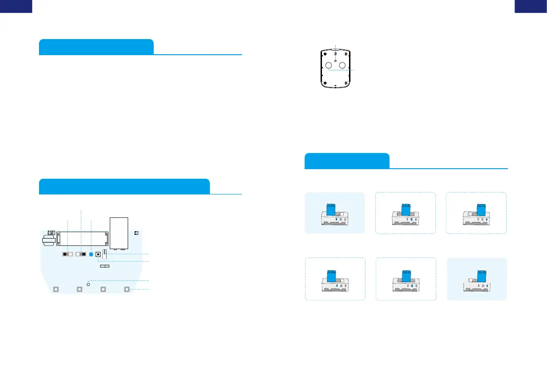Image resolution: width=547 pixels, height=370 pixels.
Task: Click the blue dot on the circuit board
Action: (x=91, y=254)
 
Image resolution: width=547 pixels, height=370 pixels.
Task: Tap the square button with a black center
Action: (x=98, y=254)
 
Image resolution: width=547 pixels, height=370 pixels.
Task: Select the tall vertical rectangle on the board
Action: (x=119, y=233)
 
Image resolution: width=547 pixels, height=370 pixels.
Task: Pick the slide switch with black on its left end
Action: (x=68, y=254)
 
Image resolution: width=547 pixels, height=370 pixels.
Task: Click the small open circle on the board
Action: (x=89, y=285)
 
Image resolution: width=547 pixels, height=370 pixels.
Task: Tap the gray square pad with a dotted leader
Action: (x=127, y=290)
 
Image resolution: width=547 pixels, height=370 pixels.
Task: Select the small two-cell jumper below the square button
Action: (x=105, y=266)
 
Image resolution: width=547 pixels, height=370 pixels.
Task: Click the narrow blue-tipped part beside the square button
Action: (x=105, y=253)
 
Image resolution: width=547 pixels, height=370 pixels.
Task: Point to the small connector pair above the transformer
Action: (x=51, y=233)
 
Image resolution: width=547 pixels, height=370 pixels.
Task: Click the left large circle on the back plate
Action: (x=328, y=65)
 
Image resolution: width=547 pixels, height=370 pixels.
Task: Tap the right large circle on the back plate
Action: (x=342, y=65)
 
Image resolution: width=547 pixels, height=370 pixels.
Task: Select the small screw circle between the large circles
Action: (x=335, y=62)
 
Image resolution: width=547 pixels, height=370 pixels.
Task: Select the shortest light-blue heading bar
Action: (x=347, y=161)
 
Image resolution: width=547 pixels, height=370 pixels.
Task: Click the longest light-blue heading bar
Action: (x=124, y=186)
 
